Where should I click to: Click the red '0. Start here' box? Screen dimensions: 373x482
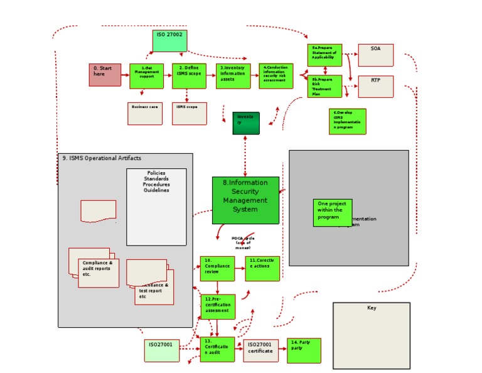pyautogui.click(x=105, y=75)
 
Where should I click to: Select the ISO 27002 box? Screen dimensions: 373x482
pyautogui.click(x=169, y=41)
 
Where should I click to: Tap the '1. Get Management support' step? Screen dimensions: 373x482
pyautogui.click(x=146, y=75)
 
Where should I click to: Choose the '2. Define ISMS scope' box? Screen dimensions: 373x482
pyautogui.click(x=189, y=75)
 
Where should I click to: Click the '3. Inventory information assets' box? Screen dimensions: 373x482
pyautogui.click(x=233, y=75)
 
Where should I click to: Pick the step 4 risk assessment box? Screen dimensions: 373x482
pyautogui.click(x=276, y=75)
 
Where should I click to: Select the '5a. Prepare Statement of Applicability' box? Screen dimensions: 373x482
pyautogui.click(x=325, y=55)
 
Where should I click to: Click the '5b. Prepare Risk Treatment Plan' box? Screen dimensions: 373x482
pyautogui.click(x=325, y=87)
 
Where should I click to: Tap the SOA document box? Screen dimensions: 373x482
pyautogui.click(x=375, y=55)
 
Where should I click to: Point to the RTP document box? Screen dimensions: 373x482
pyautogui.click(x=375, y=87)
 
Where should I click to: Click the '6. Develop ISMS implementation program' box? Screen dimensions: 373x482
pyautogui.click(x=347, y=121)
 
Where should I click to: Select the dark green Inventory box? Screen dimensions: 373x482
pyautogui.click(x=245, y=123)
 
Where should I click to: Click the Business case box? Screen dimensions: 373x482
pyautogui.click(x=145, y=113)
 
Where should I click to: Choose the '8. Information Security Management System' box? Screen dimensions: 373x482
pyautogui.click(x=245, y=200)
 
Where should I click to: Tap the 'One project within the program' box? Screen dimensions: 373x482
pyautogui.click(x=333, y=212)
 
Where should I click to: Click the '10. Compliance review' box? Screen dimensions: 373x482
pyautogui.click(x=217, y=268)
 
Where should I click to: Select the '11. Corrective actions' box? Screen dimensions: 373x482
pyautogui.click(x=262, y=268)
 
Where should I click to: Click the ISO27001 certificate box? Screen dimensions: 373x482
pyautogui.click(x=260, y=350)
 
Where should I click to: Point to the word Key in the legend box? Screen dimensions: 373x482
pyautogui.click(x=372, y=308)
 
